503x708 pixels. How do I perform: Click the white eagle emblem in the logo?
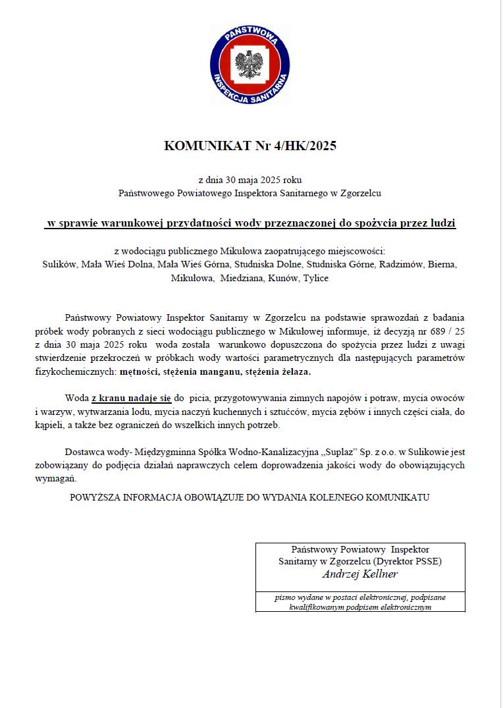tap(249, 66)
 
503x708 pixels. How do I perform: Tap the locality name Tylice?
tap(315, 279)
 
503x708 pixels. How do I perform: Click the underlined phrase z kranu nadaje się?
tap(132, 398)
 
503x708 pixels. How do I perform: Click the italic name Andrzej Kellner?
tap(359, 574)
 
